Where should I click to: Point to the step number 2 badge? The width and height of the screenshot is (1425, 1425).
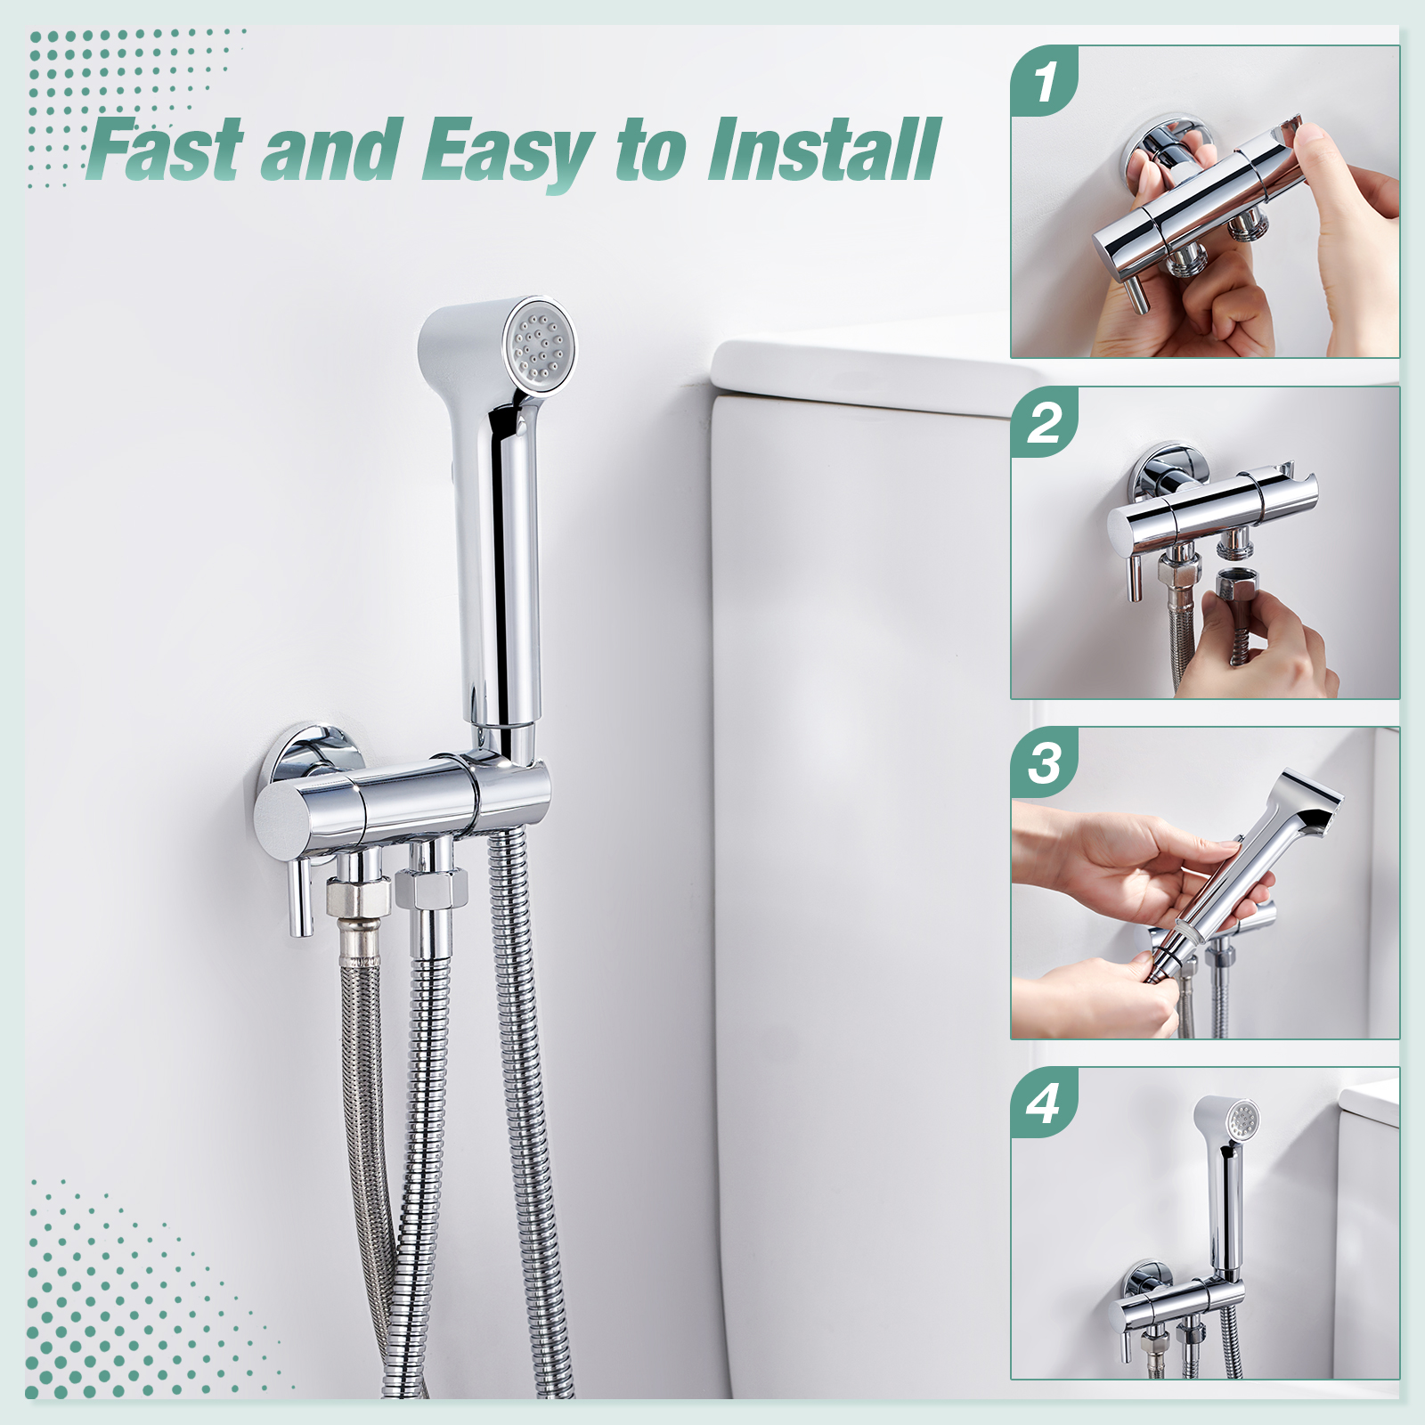tap(1045, 422)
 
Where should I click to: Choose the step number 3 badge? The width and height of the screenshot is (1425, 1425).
tap(1045, 763)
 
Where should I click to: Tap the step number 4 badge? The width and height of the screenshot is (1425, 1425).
tap(1045, 1103)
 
